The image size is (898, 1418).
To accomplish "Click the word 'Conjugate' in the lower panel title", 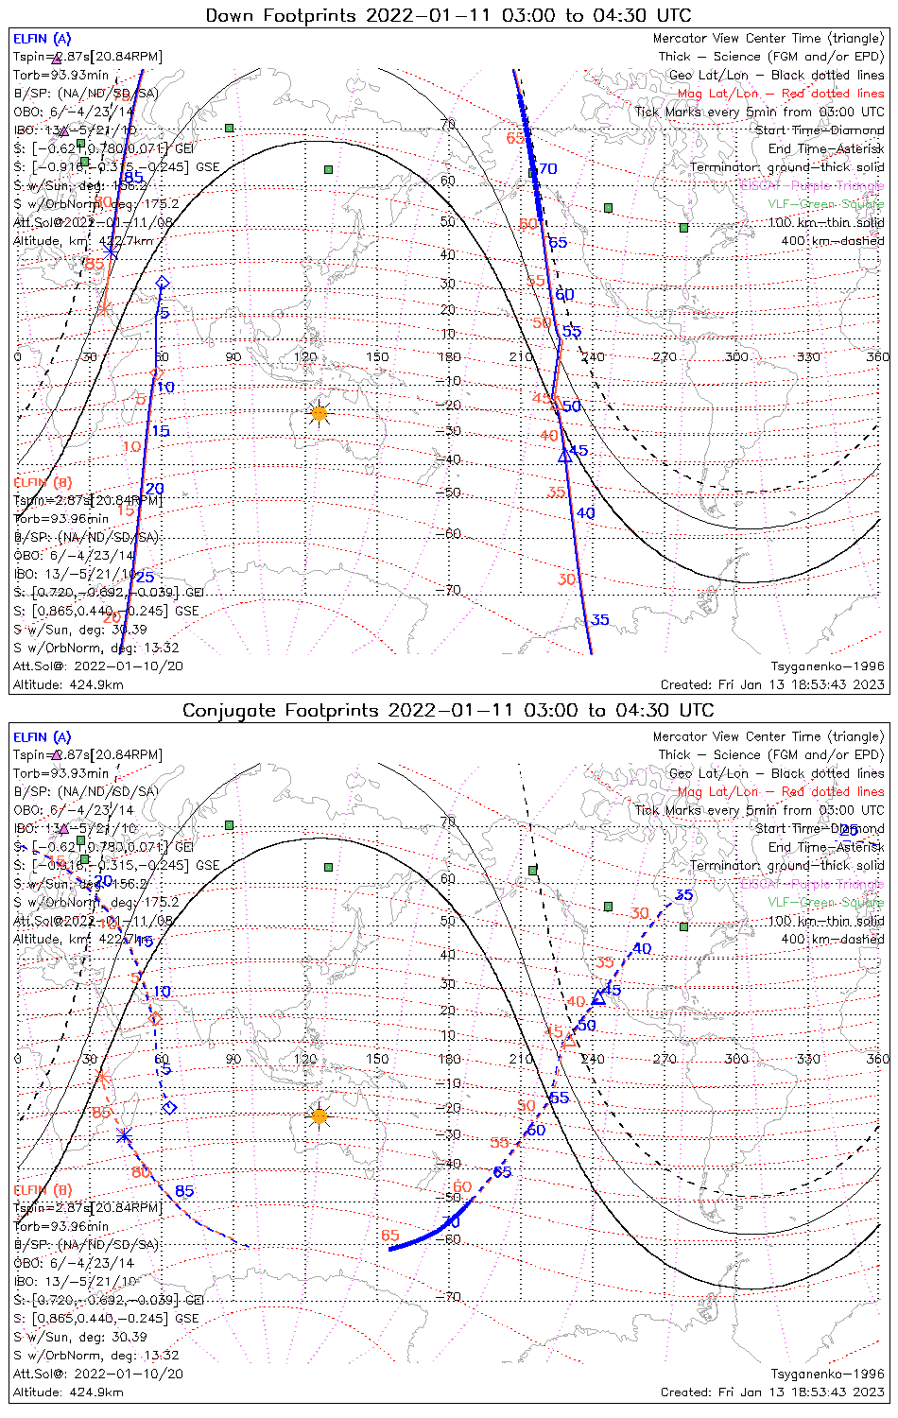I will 226,710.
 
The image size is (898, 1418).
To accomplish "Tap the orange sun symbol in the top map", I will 319,413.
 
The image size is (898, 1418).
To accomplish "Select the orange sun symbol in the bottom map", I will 319,1116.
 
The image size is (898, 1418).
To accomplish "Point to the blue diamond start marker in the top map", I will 162,283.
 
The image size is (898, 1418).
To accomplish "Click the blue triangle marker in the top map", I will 564,456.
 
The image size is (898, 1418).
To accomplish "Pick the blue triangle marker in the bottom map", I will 597,998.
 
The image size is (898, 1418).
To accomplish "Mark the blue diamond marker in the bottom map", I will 169,1108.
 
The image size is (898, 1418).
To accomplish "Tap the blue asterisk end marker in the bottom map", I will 124,1135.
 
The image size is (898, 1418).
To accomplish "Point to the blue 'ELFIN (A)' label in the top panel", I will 42,39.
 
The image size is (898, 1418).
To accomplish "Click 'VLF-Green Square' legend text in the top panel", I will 826,204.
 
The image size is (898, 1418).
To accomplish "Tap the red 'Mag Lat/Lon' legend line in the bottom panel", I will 781,791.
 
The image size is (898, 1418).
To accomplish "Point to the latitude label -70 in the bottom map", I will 449,1297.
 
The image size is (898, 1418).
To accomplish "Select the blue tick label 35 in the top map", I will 599,621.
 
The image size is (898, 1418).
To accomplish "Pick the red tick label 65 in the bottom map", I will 390,1236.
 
